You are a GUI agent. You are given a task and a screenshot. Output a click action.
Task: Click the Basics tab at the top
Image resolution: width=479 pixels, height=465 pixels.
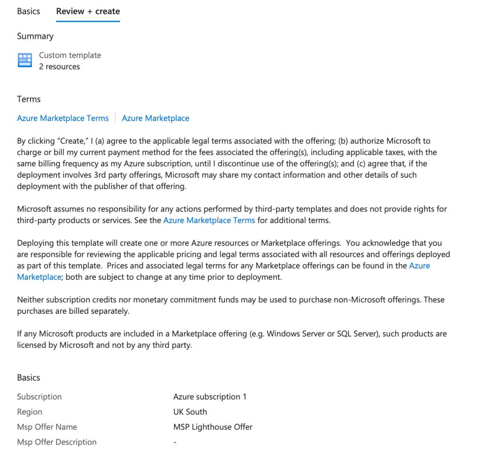click(29, 11)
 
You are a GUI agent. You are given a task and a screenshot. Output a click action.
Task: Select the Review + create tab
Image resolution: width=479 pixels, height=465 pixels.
click(88, 11)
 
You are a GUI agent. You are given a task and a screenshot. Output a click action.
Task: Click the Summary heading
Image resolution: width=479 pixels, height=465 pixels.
click(35, 36)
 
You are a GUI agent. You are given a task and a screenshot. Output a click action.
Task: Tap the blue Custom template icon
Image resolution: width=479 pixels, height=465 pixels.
click(24, 60)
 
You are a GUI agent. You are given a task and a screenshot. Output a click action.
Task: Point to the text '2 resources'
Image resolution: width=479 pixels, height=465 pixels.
click(59, 66)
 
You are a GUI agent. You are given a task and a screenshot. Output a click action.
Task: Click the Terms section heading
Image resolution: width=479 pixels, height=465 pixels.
click(29, 99)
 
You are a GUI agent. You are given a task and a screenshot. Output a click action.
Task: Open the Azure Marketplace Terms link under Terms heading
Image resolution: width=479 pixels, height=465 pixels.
click(63, 118)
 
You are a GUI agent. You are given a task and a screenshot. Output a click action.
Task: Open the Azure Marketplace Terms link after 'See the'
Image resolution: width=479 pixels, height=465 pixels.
click(209, 220)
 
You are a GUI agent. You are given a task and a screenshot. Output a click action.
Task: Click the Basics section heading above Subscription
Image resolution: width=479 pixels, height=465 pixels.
click(29, 378)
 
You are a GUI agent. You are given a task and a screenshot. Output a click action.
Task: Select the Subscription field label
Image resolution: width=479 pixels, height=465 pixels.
click(39, 397)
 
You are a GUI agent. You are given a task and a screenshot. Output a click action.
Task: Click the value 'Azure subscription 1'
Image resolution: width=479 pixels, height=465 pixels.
click(210, 397)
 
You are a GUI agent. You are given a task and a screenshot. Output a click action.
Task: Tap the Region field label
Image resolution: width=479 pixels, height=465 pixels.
click(29, 412)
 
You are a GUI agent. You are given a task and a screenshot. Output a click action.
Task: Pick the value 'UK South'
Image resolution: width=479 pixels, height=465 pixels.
click(190, 412)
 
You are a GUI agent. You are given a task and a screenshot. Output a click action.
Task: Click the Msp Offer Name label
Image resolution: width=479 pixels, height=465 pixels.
click(47, 427)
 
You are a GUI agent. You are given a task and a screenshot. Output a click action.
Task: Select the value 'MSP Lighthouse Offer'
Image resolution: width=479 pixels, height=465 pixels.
click(213, 427)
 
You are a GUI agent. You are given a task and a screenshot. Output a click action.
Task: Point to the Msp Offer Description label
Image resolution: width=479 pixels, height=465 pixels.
click(57, 442)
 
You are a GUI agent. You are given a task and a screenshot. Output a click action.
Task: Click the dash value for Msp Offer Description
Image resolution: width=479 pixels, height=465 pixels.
click(174, 442)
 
